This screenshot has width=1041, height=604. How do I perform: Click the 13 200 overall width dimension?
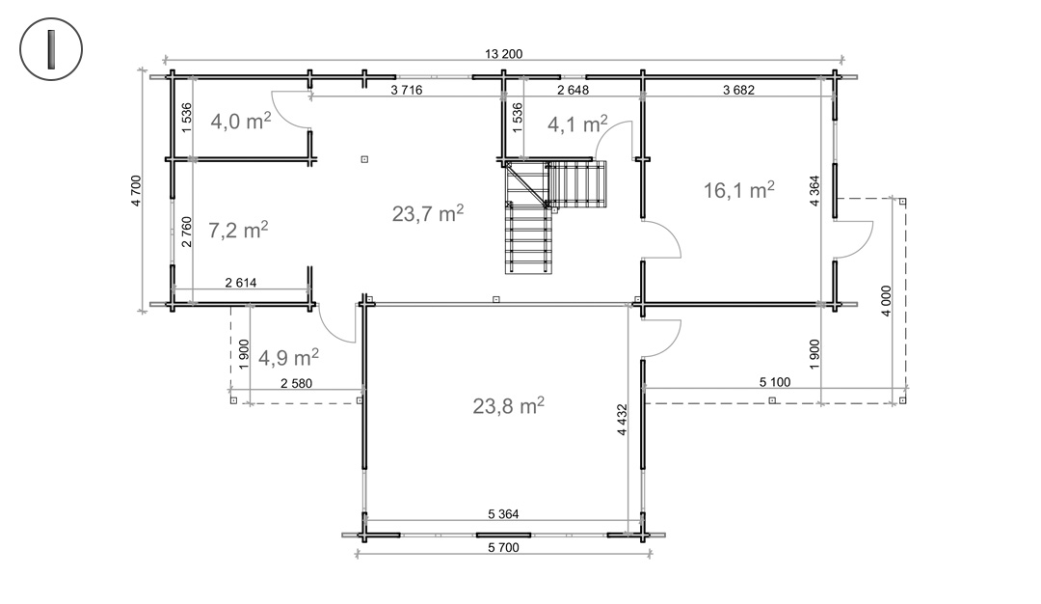[x=503, y=54]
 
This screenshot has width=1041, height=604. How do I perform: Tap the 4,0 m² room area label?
[x=240, y=121]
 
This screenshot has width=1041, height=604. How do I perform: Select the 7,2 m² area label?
[x=238, y=230]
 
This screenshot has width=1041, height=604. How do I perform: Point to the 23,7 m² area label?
[x=428, y=213]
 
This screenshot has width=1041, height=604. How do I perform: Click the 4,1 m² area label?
[x=577, y=124]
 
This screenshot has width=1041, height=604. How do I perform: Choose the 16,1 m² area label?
[x=739, y=190]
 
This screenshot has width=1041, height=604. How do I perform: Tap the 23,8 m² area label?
[x=509, y=405]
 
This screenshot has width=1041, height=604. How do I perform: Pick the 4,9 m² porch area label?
[x=288, y=358]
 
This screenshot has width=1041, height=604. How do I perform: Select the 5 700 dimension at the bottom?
[x=503, y=547]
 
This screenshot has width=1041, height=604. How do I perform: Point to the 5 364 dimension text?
[x=503, y=513]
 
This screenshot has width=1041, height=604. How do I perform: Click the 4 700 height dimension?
[x=136, y=191]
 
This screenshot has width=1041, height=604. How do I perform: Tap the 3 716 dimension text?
[x=407, y=90]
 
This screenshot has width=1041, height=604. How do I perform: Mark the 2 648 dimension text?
[x=573, y=90]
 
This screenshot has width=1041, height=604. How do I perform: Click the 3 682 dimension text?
[x=739, y=90]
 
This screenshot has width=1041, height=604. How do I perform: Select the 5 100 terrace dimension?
[x=775, y=382]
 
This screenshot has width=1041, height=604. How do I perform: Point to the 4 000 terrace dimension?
[x=887, y=301]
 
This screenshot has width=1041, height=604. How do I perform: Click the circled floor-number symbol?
[x=51, y=49]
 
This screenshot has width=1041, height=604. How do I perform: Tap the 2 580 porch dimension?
[x=296, y=383]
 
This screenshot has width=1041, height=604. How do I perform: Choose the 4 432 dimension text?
[x=622, y=420]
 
